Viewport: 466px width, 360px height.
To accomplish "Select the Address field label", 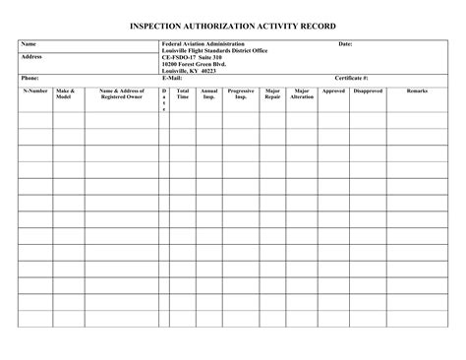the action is pos(31,57).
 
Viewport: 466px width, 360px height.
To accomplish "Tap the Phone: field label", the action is pos(30,77).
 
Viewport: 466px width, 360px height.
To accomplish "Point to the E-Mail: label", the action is pos(172,77).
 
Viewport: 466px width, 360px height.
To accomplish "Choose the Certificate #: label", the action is pos(351,77).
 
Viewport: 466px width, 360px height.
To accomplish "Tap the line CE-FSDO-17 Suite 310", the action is pos(193,58).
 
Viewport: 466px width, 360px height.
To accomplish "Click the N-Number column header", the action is pos(35,90).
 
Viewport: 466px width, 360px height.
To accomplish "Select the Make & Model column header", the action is pos(66,94).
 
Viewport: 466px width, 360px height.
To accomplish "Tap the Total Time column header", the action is pos(183,94).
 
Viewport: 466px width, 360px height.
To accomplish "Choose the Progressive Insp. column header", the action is pos(241,94).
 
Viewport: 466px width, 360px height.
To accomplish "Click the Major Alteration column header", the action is pos(302,94).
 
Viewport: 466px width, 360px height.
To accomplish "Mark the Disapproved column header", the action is pos(368,90).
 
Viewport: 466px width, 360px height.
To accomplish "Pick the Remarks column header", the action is pos(418,90).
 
